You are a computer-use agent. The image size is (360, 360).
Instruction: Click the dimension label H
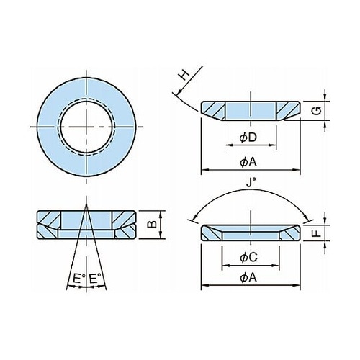[x=185, y=75]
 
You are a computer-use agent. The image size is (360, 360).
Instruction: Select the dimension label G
[x=318, y=111]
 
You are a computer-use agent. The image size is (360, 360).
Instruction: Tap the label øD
[x=248, y=138]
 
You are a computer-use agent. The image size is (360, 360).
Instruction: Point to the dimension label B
[x=152, y=224]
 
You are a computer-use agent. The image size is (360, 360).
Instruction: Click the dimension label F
[x=318, y=233]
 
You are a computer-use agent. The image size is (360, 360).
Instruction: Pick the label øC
[x=248, y=258]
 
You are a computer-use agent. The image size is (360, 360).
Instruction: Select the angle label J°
[x=251, y=183]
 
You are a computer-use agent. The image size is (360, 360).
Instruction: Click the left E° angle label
[x=79, y=279]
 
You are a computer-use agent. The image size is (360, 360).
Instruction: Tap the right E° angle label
[x=95, y=279]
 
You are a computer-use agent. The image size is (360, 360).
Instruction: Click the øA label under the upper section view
[x=248, y=163]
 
